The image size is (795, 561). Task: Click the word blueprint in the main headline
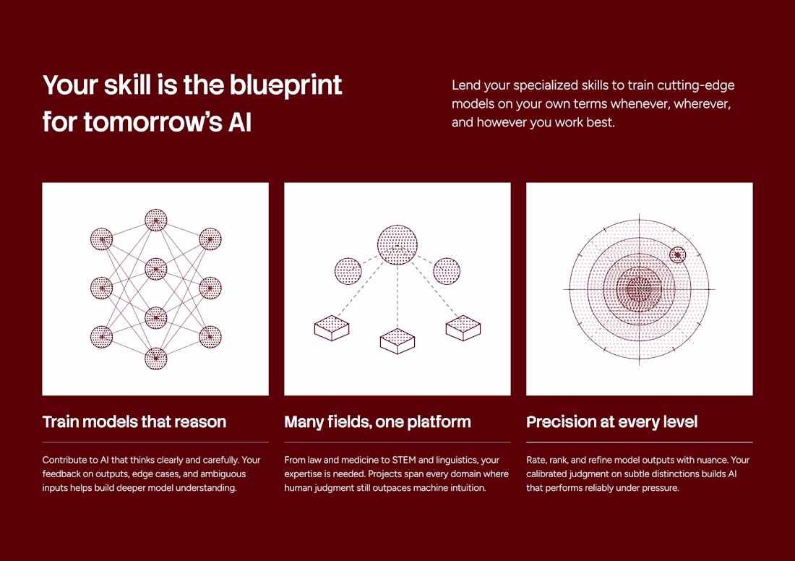click(x=286, y=85)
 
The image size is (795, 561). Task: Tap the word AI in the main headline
click(x=240, y=122)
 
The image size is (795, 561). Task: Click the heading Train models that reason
click(x=134, y=421)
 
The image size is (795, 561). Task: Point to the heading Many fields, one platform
click(x=377, y=421)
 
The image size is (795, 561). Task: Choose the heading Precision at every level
click(x=612, y=421)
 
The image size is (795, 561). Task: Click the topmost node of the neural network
click(x=155, y=220)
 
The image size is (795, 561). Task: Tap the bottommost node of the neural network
click(x=155, y=359)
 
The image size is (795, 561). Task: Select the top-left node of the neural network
click(x=101, y=239)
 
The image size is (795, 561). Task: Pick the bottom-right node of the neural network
click(x=210, y=337)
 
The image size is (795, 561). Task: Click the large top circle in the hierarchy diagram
click(x=397, y=245)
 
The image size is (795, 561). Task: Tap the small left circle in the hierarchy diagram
click(x=348, y=271)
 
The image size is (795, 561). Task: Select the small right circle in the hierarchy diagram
click(x=447, y=271)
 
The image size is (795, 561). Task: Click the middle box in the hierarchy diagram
click(x=397, y=341)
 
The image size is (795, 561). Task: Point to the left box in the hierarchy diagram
click(x=332, y=328)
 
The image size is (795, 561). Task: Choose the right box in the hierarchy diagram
click(x=463, y=327)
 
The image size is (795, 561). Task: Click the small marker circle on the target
click(x=678, y=254)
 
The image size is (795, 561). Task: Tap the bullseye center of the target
click(x=640, y=289)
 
